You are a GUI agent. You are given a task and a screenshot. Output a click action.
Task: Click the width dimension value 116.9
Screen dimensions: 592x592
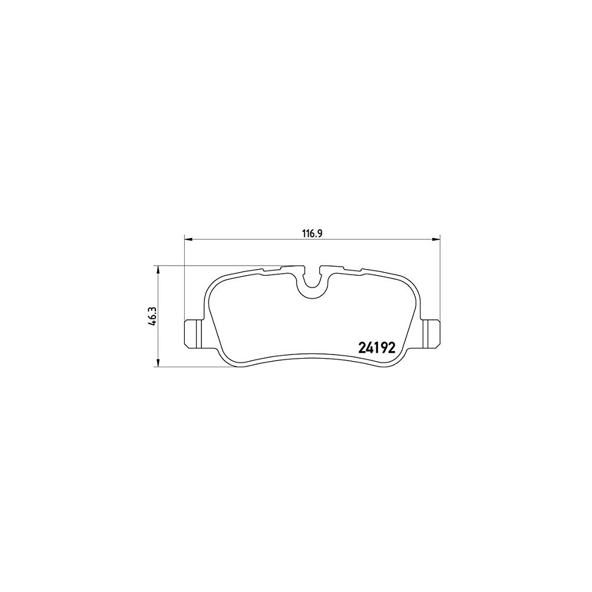pyautogui.click(x=312, y=234)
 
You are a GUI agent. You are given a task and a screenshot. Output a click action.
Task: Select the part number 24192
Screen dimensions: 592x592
pyautogui.click(x=376, y=347)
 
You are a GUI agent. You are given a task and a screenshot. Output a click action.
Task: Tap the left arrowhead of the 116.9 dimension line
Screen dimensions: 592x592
pyautogui.click(x=188, y=239)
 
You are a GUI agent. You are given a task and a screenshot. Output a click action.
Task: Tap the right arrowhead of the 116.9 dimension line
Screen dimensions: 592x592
pyautogui.click(x=436, y=239)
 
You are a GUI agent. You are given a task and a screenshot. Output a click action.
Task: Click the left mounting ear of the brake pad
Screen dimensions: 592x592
pyautogui.click(x=193, y=334)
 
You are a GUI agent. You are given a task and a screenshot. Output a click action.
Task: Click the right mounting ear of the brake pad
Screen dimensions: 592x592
pyautogui.click(x=431, y=334)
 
